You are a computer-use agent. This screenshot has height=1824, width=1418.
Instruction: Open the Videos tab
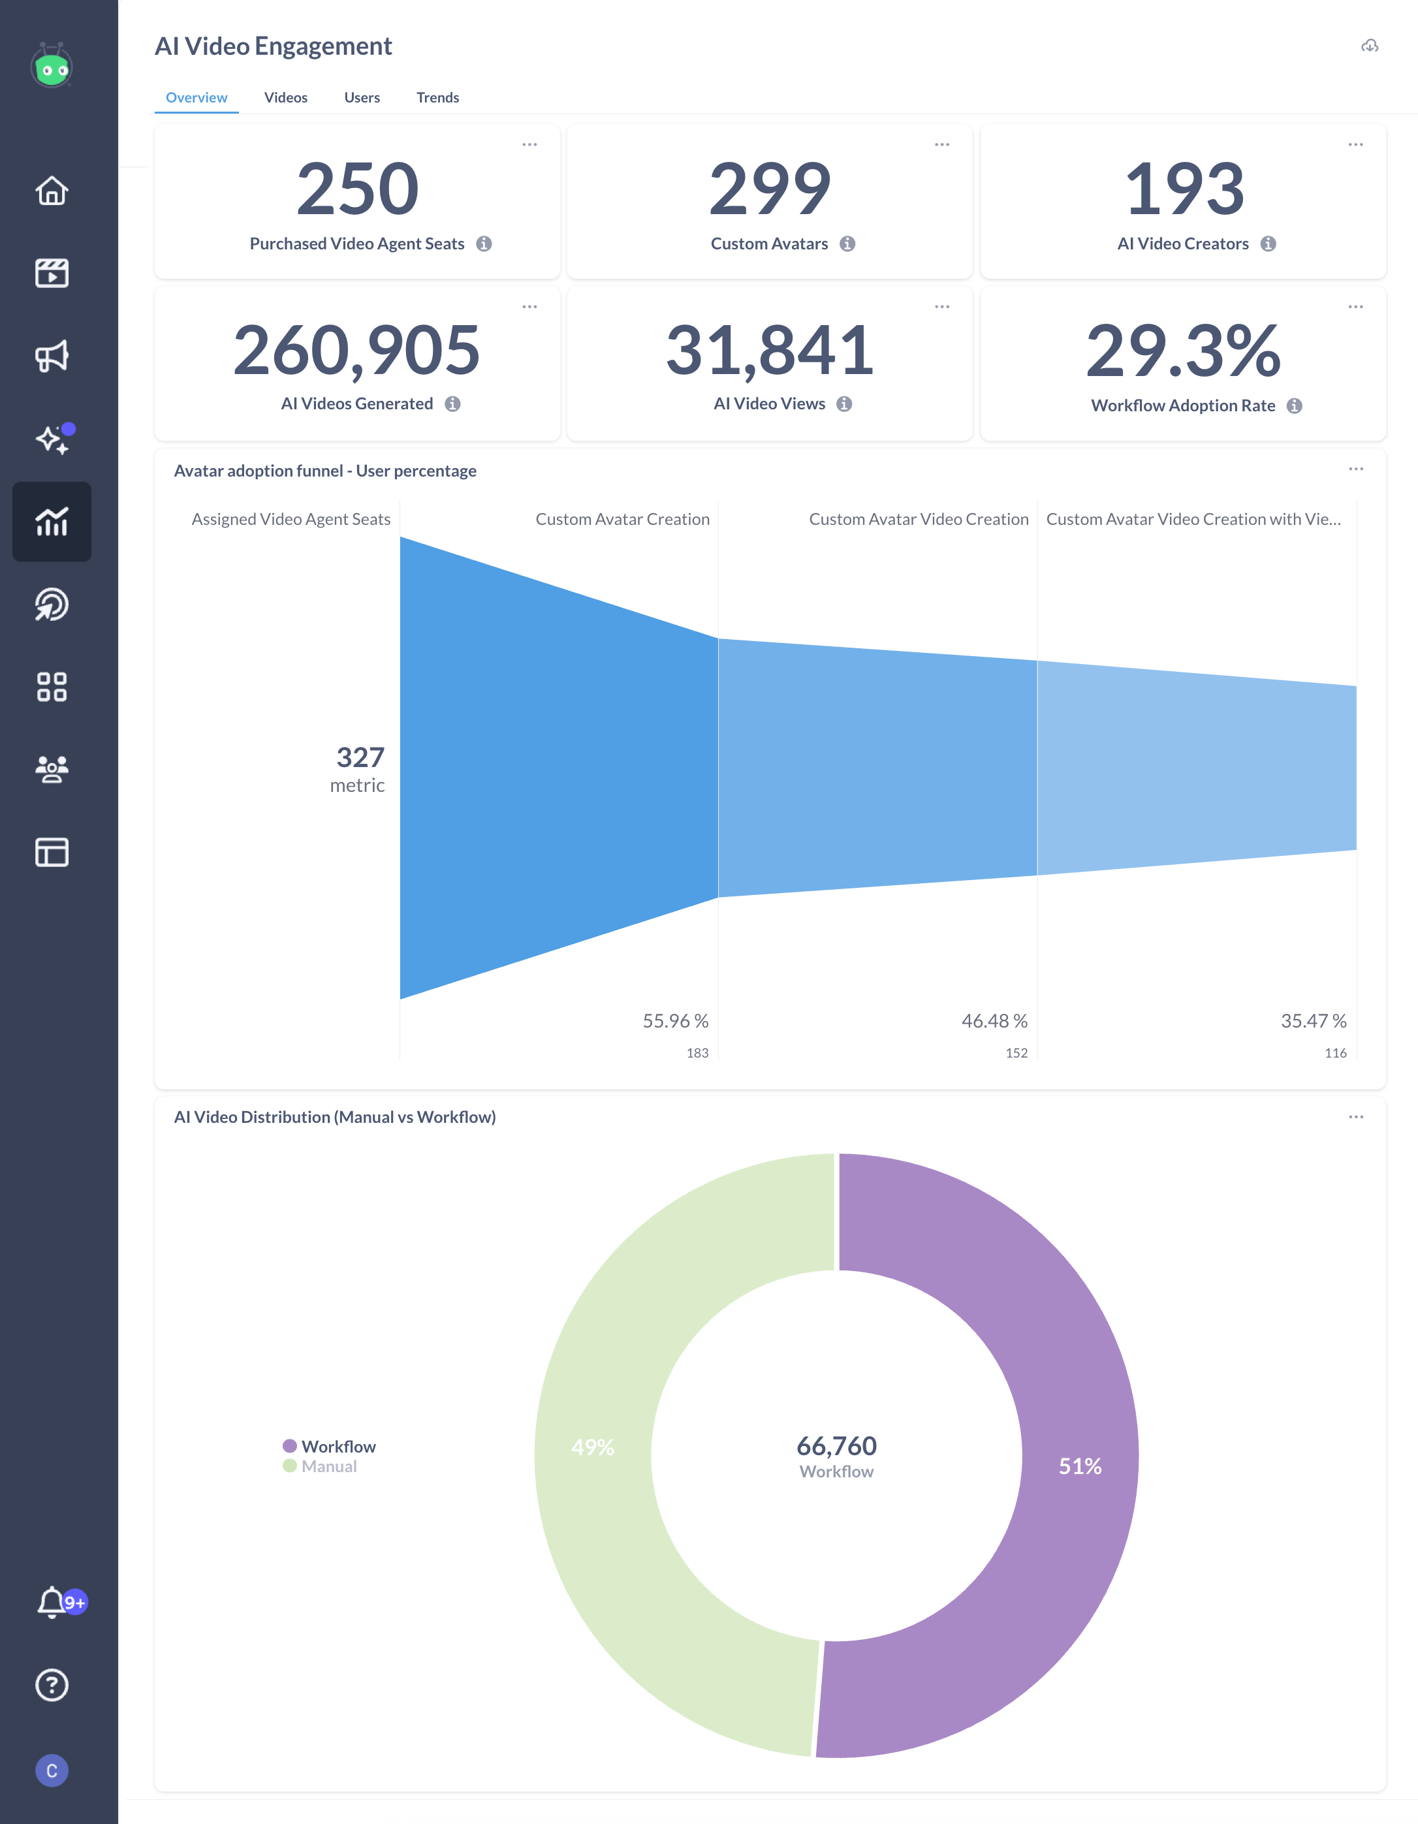click(285, 98)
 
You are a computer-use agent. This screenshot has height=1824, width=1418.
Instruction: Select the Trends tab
click(437, 98)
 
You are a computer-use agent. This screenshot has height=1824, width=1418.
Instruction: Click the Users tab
click(362, 98)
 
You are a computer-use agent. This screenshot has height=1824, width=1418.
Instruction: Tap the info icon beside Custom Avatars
click(847, 244)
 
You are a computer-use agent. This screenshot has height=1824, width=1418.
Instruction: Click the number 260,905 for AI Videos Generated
click(356, 351)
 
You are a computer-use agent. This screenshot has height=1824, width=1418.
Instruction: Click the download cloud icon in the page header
click(1370, 46)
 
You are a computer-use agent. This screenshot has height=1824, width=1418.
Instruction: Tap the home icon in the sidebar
click(52, 191)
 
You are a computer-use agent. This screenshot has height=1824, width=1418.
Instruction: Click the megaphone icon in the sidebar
click(52, 356)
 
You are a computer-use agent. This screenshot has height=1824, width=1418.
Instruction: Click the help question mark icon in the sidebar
click(52, 1684)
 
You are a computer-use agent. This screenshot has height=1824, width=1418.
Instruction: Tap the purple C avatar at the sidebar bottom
click(52, 1770)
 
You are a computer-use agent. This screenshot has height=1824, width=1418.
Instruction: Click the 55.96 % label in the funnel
click(675, 1020)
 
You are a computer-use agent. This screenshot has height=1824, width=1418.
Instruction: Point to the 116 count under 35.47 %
click(1334, 1053)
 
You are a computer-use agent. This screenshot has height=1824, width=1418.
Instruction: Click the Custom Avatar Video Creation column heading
click(918, 520)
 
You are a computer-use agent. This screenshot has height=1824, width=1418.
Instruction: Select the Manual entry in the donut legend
click(328, 1466)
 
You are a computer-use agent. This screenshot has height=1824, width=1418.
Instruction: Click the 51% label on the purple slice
click(1080, 1466)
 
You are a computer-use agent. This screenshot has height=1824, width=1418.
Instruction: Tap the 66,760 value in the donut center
click(836, 1445)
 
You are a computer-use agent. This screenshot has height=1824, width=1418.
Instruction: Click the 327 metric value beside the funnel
click(360, 757)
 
